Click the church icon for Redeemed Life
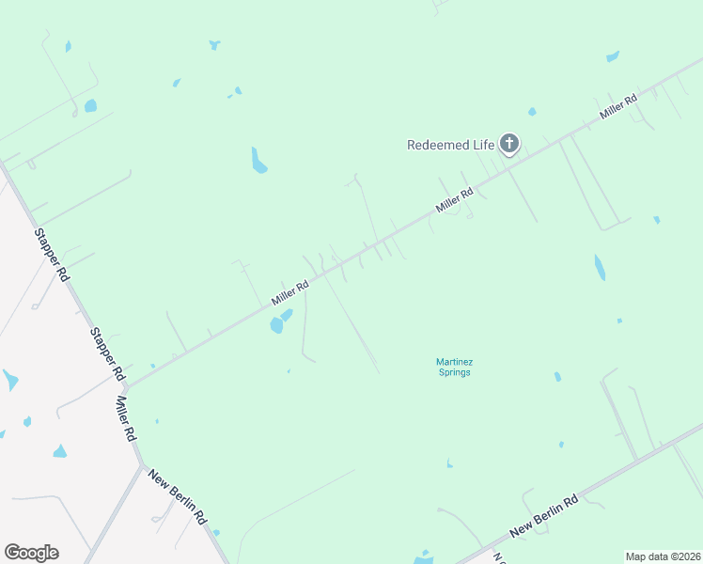click(x=509, y=144)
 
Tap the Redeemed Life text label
click(x=450, y=145)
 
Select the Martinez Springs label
click(x=453, y=367)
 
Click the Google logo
click(x=31, y=553)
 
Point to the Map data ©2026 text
click(x=663, y=556)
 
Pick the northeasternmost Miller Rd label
click(x=619, y=105)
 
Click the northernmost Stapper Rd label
click(x=52, y=255)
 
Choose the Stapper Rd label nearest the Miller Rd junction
click(x=107, y=353)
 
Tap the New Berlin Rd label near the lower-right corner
click(x=543, y=518)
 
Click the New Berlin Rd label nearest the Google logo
click(x=178, y=495)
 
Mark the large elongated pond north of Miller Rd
click(x=258, y=161)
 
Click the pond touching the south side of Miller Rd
click(x=279, y=322)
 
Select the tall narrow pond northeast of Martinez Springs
click(x=599, y=268)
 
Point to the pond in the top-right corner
click(x=613, y=56)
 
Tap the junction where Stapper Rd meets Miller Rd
click(x=126, y=386)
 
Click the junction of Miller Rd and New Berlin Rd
click(x=141, y=463)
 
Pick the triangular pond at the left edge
click(x=9, y=380)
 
